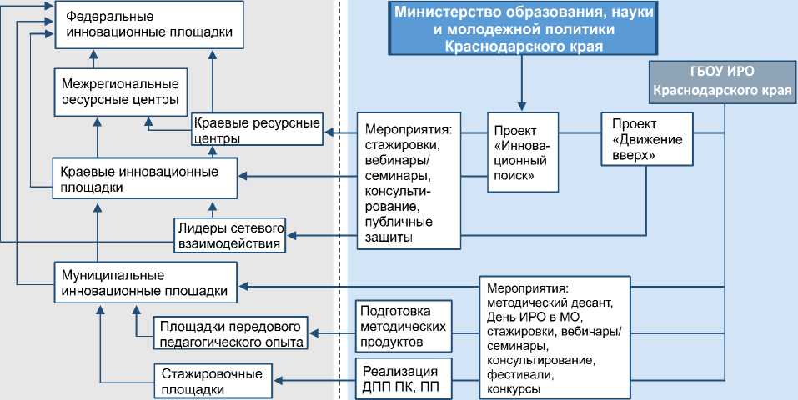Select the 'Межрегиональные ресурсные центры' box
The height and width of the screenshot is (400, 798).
120,92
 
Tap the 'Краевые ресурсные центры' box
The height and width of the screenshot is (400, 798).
257,129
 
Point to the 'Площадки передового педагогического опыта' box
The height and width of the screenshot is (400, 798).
231,332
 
